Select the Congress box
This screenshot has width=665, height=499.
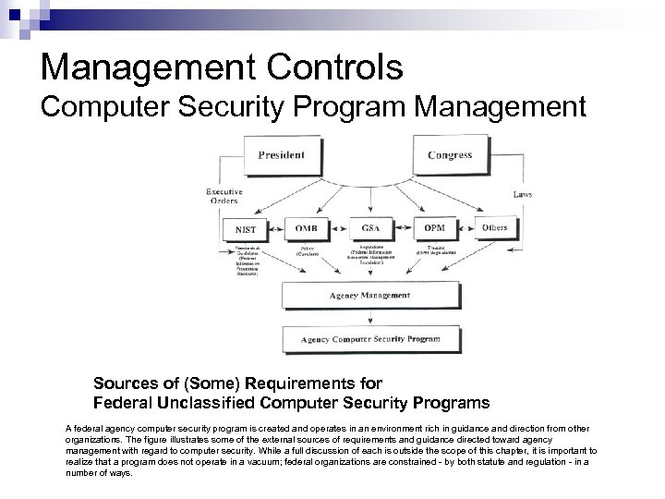pos(449,155)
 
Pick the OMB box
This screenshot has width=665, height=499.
pos(305,228)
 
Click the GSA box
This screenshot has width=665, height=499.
pos(369,228)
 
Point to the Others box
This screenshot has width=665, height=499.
pos(494,228)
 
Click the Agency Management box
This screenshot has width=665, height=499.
pos(369,296)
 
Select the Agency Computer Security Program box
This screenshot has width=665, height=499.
pos(369,339)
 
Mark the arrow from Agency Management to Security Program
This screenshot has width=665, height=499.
pos(369,317)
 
